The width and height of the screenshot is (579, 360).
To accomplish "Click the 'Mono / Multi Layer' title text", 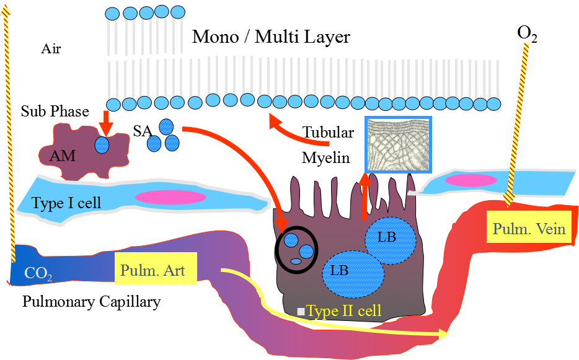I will coord(271,37).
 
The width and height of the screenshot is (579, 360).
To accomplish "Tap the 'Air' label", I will coord(51,49).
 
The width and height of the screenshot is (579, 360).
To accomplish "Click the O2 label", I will coord(526,35).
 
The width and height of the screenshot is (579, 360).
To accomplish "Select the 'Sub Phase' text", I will coord(55,112).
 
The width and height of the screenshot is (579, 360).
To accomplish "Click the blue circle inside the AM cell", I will coord(101,145).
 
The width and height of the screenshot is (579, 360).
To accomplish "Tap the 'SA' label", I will coord(143,131).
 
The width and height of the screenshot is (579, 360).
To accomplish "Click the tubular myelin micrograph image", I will coord(397,144).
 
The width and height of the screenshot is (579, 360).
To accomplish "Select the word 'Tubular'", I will coord(329,132).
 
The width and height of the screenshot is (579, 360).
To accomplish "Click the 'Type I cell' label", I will coord(66,203).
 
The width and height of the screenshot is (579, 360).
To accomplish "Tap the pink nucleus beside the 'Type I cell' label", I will coord(170,197).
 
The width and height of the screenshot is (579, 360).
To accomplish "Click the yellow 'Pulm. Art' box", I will coord(156,268).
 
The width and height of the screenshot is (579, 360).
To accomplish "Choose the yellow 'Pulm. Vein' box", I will coord(529,229).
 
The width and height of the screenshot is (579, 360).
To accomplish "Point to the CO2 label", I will coord(35,273).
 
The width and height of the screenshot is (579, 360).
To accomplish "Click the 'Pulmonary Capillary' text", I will coord(91,302).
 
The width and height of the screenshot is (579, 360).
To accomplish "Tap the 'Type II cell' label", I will coord(343,310).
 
